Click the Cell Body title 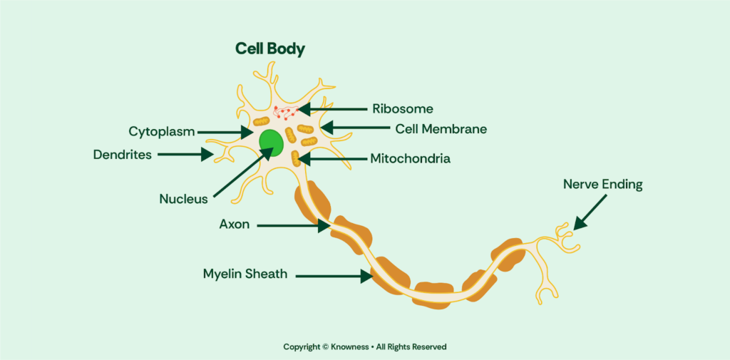tap(270, 49)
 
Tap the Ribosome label tap(403, 109)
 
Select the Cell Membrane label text tap(441, 129)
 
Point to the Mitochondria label tap(410, 159)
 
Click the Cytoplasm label tap(162, 132)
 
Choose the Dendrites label tap(123, 155)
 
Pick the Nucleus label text tap(183, 199)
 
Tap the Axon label tap(234, 225)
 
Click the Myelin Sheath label tap(245, 274)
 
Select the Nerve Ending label tap(603, 185)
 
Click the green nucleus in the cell tap(272, 143)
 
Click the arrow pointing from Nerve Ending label tap(590, 212)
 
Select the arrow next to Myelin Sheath tap(334, 276)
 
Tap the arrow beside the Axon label tap(294, 226)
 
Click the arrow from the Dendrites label tap(185, 154)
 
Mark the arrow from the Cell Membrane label tap(355, 128)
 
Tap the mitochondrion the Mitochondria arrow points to tap(295, 158)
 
